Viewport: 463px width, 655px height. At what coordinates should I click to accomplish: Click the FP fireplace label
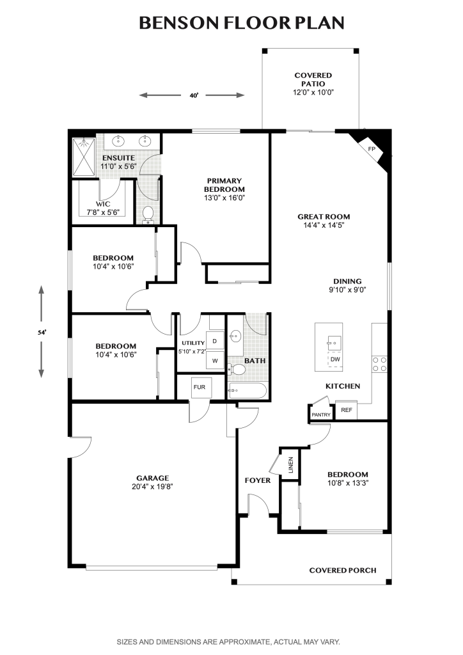click(372, 149)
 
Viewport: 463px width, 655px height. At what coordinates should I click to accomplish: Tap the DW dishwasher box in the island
click(335, 359)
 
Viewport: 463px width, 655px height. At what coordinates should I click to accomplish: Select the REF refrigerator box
click(347, 410)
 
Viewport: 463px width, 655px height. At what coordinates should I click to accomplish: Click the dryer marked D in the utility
click(215, 341)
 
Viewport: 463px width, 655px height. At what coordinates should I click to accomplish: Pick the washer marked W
click(215, 361)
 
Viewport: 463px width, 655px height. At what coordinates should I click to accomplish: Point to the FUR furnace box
click(200, 387)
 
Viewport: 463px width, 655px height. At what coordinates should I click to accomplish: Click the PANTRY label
click(321, 414)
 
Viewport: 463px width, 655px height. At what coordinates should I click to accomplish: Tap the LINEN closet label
click(291, 465)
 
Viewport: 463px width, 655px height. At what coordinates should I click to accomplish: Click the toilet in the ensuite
click(148, 214)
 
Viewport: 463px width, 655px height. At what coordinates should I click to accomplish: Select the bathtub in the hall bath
click(247, 391)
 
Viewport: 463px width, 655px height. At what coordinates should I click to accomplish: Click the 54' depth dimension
click(41, 333)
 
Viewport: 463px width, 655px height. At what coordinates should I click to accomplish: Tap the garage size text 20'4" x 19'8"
click(152, 487)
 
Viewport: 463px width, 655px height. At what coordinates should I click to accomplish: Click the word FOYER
click(258, 480)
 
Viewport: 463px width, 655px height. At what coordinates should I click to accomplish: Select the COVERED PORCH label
click(343, 570)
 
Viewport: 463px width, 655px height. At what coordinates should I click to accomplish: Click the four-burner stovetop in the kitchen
click(379, 364)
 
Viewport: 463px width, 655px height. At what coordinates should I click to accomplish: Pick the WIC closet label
click(103, 204)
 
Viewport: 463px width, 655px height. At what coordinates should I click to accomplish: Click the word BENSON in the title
click(180, 23)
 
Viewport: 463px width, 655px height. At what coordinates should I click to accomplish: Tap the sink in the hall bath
click(235, 336)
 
